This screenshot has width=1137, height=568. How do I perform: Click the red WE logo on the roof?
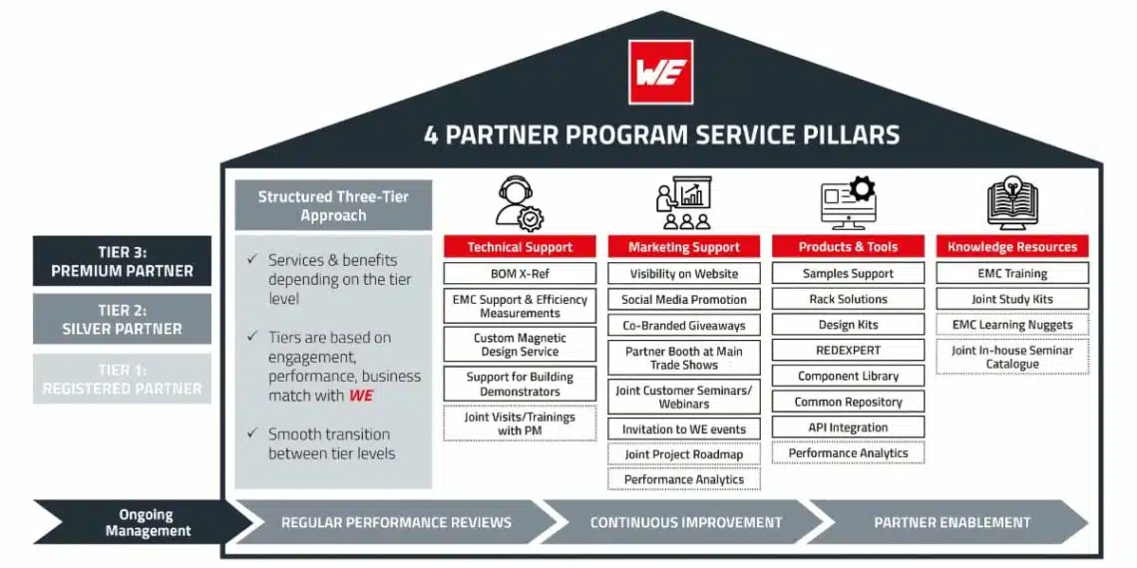(660, 72)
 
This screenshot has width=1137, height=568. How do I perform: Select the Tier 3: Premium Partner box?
(122, 261)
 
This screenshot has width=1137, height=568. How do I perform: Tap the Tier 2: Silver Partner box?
(122, 319)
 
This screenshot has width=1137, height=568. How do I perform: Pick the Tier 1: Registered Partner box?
(122, 379)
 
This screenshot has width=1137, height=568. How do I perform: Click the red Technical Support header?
(520, 247)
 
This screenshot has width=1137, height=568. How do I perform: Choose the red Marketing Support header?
(684, 247)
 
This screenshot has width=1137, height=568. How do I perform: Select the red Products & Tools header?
(848, 247)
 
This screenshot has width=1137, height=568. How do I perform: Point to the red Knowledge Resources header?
(1012, 247)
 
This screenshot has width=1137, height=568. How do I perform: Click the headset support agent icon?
(520, 203)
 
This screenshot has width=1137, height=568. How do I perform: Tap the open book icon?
(1012, 203)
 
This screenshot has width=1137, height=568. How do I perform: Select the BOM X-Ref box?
(520, 273)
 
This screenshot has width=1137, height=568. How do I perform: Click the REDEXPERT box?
(848, 350)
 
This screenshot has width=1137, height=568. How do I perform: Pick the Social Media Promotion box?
(684, 299)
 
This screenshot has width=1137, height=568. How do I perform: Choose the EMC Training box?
(1012, 273)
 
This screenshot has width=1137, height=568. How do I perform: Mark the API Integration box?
(848, 427)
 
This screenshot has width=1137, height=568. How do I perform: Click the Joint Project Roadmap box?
(684, 454)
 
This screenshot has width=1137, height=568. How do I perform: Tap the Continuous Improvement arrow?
(685, 522)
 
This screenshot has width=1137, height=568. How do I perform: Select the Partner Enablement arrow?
(951, 522)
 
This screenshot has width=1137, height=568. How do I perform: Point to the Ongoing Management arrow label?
(147, 522)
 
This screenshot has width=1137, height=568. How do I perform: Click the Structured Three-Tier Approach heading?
(333, 206)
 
